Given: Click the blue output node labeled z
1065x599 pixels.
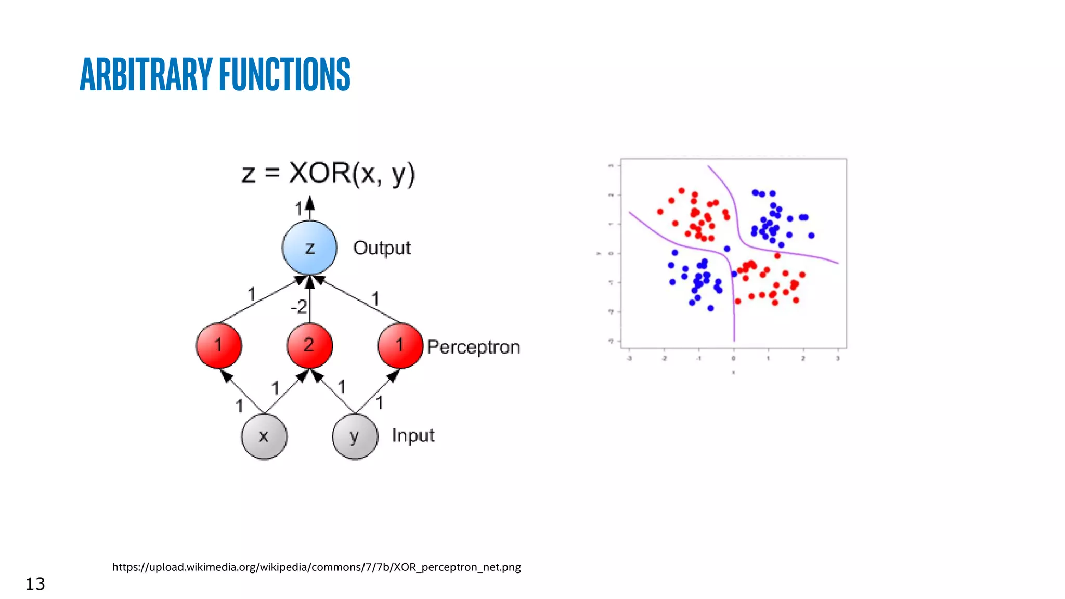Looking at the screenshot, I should coord(310,248).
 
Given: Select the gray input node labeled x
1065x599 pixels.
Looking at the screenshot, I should coord(264,436).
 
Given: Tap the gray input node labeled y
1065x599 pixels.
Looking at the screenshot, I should coord(355,436).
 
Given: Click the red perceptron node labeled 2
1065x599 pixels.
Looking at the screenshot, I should coord(309,345).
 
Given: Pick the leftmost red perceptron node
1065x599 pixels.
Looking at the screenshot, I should coord(219,345).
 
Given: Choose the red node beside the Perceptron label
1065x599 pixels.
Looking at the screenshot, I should coord(400,345).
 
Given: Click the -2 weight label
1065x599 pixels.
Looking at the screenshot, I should coord(299,307).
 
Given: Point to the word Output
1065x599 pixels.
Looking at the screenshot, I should coord(382,248).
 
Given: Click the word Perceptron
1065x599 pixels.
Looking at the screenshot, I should coord(473,347).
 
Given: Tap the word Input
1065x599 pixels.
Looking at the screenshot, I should coord(413,435).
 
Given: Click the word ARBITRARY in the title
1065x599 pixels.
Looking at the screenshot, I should coord(146,74).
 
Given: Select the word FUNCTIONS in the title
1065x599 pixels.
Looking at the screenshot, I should coord(285,74).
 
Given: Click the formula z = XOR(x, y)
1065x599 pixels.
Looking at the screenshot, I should coord(328,173).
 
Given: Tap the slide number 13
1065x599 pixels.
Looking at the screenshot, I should coord(35,583).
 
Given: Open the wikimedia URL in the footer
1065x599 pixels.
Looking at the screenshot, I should coord(316,567).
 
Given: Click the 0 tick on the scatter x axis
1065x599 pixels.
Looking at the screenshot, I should coord(734,358).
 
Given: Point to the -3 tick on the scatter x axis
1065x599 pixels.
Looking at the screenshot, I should coord(629,358).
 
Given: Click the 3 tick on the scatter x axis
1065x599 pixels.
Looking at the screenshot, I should coord(838,358).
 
